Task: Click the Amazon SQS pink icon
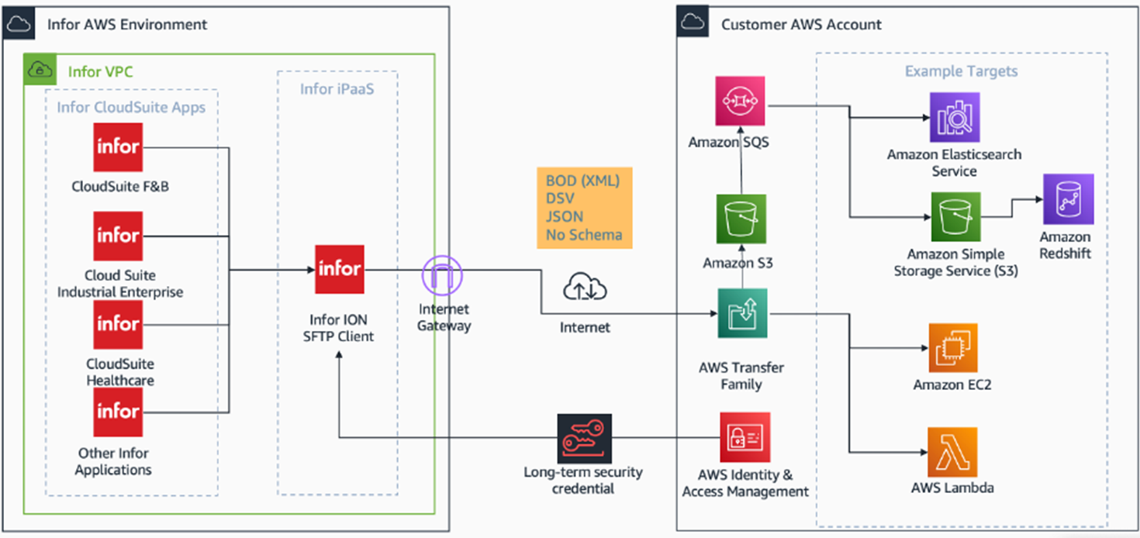coord(741,102)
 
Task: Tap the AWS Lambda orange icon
coord(952,451)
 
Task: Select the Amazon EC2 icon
coord(952,348)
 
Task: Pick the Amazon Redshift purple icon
coord(1068,199)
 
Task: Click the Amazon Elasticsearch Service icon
coord(954,118)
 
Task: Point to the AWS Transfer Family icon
coord(742,313)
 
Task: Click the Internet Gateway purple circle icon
coord(442,274)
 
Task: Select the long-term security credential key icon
coord(584,439)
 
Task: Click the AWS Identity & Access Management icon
coord(744,437)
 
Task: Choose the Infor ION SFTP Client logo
coord(340,269)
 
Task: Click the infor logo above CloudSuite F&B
coord(118,147)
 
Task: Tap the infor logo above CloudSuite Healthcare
coord(118,323)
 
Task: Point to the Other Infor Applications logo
coord(118,412)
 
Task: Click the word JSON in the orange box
coord(564,217)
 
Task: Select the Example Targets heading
coord(961,71)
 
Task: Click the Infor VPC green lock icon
coord(39,71)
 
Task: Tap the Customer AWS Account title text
coord(801,25)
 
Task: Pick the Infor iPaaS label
coord(337,89)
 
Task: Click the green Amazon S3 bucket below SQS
coord(741,219)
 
